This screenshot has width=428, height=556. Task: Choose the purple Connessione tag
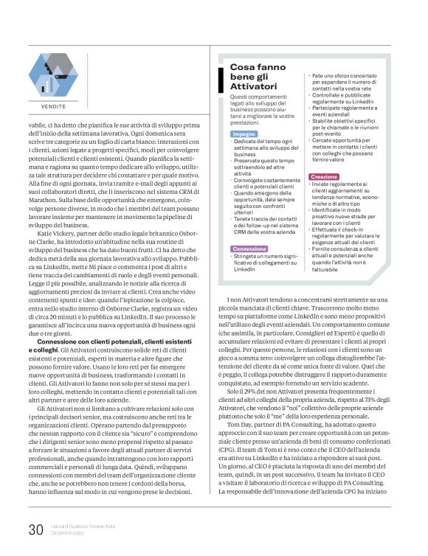[x=249, y=249]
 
